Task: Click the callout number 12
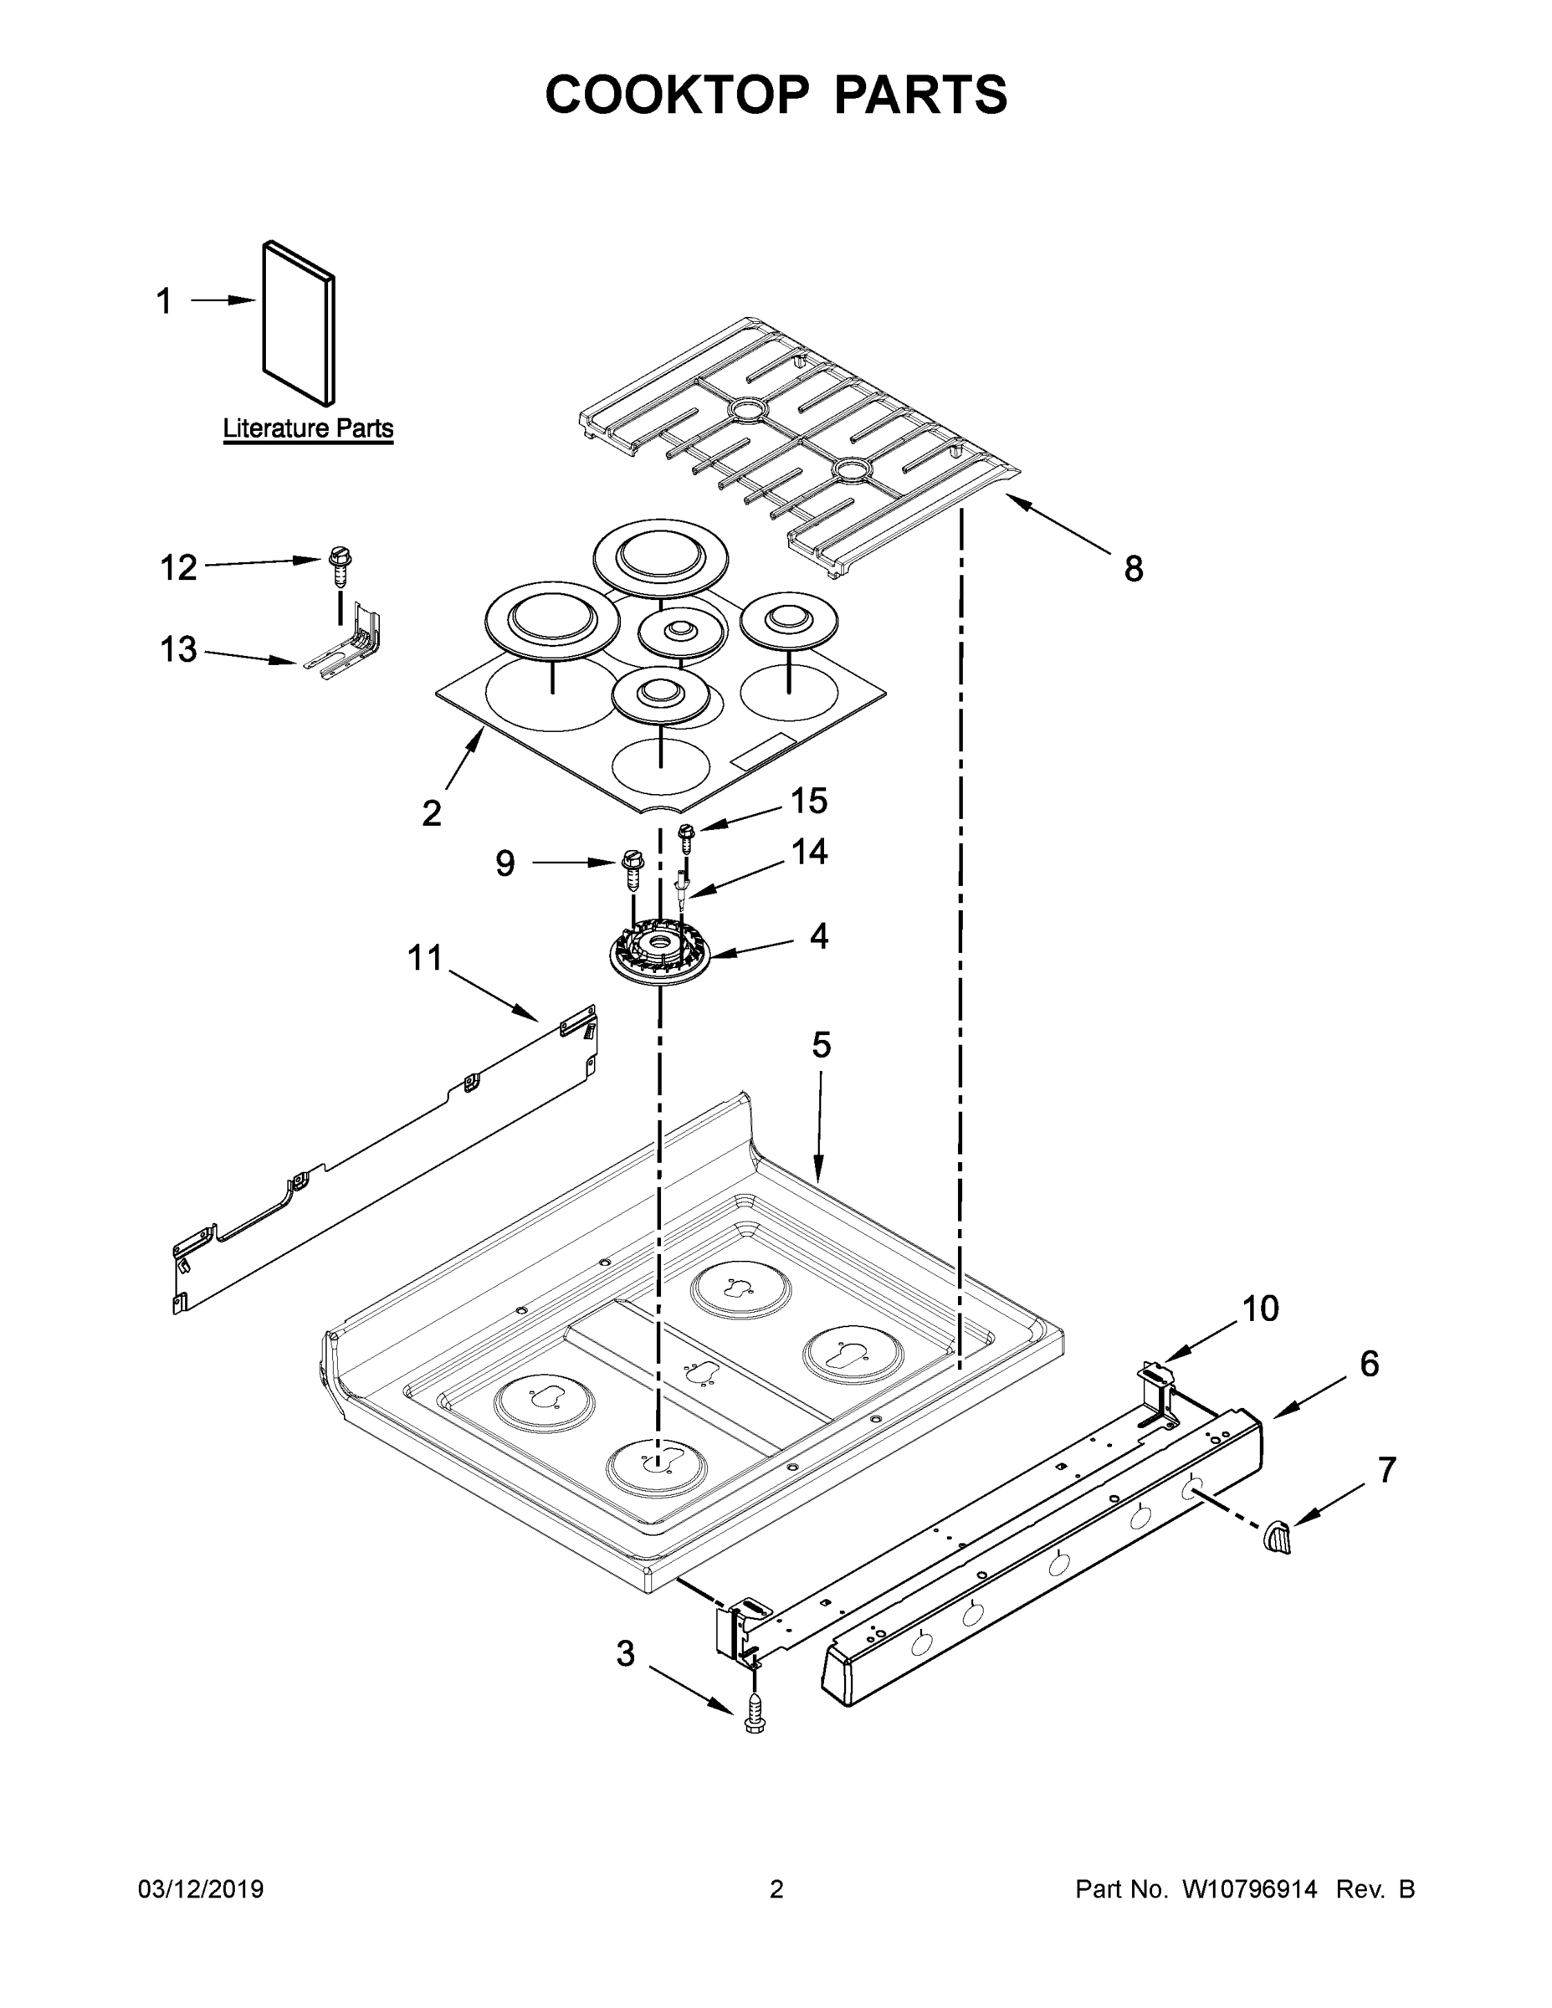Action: (178, 568)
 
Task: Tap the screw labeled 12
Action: (341, 566)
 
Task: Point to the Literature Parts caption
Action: (308, 428)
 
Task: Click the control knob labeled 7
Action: (1278, 1537)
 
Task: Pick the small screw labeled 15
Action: (686, 837)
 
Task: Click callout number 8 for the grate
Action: (1134, 569)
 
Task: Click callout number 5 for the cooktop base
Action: (821, 1044)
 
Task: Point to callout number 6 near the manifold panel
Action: (1369, 1364)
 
